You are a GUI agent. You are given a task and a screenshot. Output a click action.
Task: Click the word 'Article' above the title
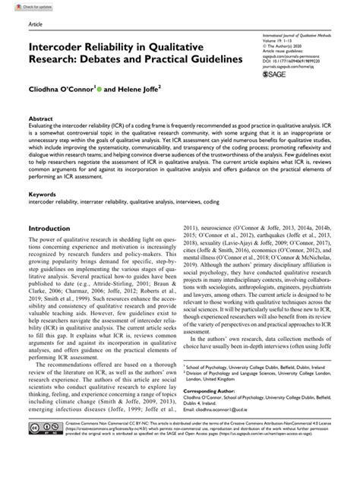point(35,25)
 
